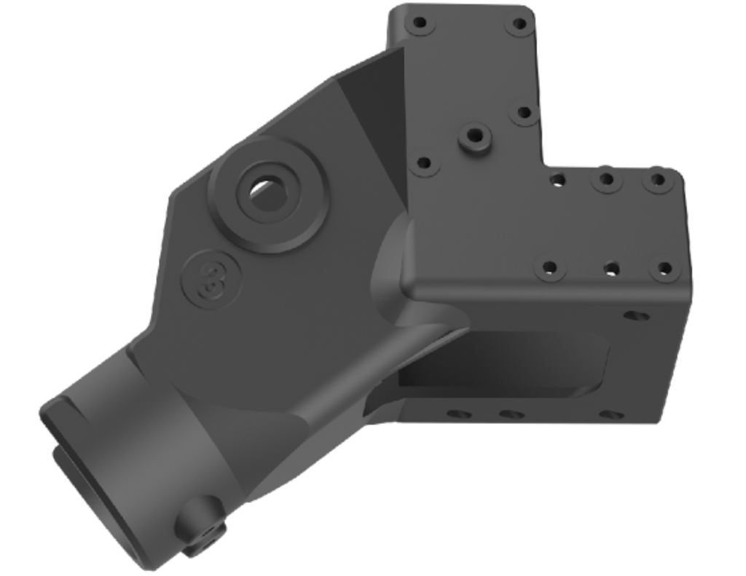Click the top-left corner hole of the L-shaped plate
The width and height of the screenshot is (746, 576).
pos(419,23)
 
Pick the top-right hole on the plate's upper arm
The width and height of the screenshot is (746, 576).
pos(519,23)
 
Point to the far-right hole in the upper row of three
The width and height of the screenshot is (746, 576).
pos(658,178)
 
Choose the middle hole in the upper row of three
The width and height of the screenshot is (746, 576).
pos(606,178)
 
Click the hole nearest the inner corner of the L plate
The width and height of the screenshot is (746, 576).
pos(558,178)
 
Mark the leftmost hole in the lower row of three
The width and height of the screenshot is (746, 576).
pos(550,268)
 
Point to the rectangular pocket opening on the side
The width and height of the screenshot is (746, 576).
pos(503,364)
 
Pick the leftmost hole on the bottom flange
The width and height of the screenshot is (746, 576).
pos(458,414)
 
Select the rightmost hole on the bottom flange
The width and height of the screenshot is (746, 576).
pos(610,415)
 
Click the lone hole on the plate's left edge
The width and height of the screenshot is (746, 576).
pos(423,165)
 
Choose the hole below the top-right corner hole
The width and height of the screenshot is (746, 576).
pos(524,113)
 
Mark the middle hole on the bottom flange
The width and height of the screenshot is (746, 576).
pos(511,414)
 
